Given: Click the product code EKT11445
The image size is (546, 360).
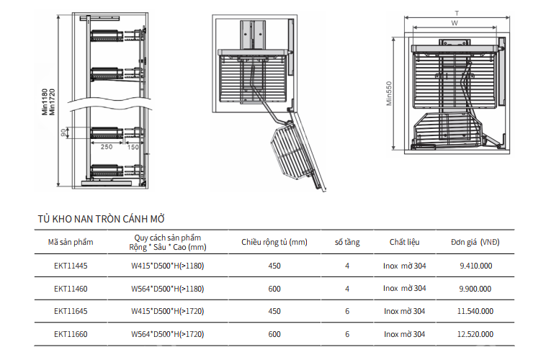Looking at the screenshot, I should click(x=71, y=266).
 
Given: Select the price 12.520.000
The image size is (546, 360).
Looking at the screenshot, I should click(x=476, y=335).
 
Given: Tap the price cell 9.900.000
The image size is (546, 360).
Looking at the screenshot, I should click(x=476, y=289).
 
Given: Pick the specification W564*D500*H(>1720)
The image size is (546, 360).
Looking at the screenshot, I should click(x=167, y=335).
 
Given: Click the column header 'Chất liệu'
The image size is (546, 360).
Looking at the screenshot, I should click(x=404, y=243).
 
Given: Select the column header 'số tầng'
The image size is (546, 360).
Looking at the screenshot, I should click(x=347, y=243).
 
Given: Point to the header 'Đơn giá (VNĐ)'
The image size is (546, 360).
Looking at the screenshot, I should click(x=475, y=243).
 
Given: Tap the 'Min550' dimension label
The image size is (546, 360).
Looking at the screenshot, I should click(x=388, y=94).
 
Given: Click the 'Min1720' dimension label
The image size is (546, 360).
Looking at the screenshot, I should click(x=52, y=102).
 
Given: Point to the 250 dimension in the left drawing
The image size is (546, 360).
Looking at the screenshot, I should click(x=106, y=147).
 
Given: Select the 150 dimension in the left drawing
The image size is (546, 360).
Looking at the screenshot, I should click(x=133, y=147).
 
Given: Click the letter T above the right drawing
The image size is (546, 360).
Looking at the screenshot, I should click(x=456, y=13).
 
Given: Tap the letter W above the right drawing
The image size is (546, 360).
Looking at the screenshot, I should click(x=455, y=23).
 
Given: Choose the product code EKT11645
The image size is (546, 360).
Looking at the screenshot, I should click(x=71, y=312).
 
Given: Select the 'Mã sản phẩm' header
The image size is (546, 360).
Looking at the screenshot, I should click(x=71, y=243).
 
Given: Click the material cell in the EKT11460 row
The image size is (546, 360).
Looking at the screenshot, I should click(x=404, y=289).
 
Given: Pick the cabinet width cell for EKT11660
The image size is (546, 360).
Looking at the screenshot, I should click(x=274, y=335).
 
